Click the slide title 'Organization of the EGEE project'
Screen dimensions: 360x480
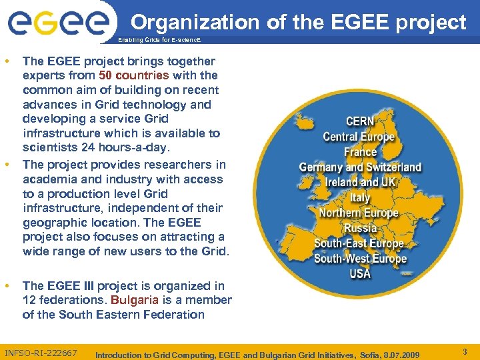[298, 22]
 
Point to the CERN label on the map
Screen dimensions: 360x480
[359, 122]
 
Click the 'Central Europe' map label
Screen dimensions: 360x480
[359, 137]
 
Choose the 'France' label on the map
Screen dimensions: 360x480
[360, 152]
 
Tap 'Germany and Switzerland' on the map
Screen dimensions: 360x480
[360, 167]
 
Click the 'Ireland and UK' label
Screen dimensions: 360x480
[360, 182]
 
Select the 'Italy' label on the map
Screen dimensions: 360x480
[360, 197]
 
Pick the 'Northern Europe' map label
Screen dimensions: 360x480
[359, 213]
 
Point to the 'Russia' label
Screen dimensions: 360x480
[360, 228]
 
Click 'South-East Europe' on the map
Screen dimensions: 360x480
[359, 243]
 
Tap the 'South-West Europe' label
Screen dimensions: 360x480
[360, 258]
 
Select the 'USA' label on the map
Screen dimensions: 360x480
[360, 273]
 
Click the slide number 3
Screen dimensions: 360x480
[465, 351]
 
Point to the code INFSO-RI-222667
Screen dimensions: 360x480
[41, 353]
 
